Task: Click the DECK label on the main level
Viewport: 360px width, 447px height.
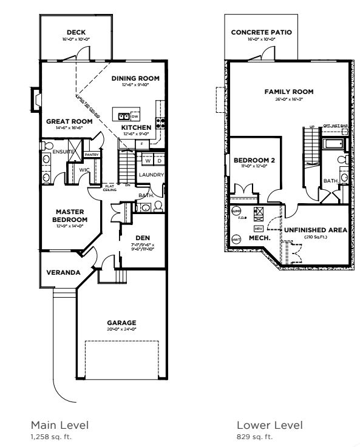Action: [75, 32]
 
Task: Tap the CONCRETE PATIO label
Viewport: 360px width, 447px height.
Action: [262, 32]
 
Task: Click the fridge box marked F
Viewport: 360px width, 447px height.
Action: [141, 144]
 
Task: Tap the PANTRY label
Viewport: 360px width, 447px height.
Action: [92, 155]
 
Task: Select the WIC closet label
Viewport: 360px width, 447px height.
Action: [84, 170]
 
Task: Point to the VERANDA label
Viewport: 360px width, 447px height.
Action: [63, 272]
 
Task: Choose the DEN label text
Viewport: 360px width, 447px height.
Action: [142, 238]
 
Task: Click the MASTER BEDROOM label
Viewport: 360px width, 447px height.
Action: [67, 216]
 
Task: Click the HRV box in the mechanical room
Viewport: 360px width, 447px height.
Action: [257, 229]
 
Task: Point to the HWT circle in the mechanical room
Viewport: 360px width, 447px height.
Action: [236, 240]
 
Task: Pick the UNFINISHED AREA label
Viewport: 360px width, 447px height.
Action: [314, 230]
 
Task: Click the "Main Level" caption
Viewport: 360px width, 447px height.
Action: [59, 425]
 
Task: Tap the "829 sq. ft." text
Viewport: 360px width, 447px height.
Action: [254, 435]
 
